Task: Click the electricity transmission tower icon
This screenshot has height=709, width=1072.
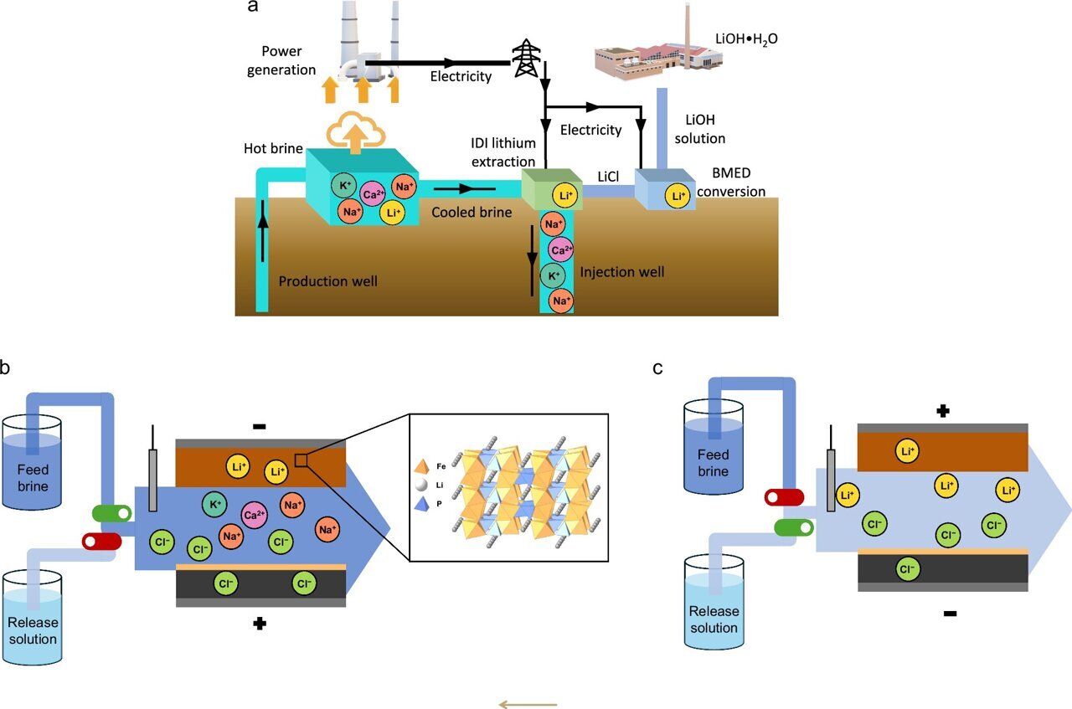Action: click(526, 58)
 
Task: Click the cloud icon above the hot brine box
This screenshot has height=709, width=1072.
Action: click(356, 131)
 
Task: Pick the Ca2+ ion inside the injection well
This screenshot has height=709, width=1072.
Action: click(561, 249)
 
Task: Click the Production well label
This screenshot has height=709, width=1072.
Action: click(327, 281)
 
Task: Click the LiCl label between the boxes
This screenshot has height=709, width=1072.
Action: click(607, 176)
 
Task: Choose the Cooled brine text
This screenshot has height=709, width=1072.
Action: click(472, 213)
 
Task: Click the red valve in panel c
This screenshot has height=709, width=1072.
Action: click(784, 497)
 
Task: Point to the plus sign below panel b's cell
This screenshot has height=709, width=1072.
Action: click(260, 624)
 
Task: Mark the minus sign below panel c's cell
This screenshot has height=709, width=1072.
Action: click(950, 614)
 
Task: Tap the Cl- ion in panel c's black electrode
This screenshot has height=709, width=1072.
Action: click(905, 570)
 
